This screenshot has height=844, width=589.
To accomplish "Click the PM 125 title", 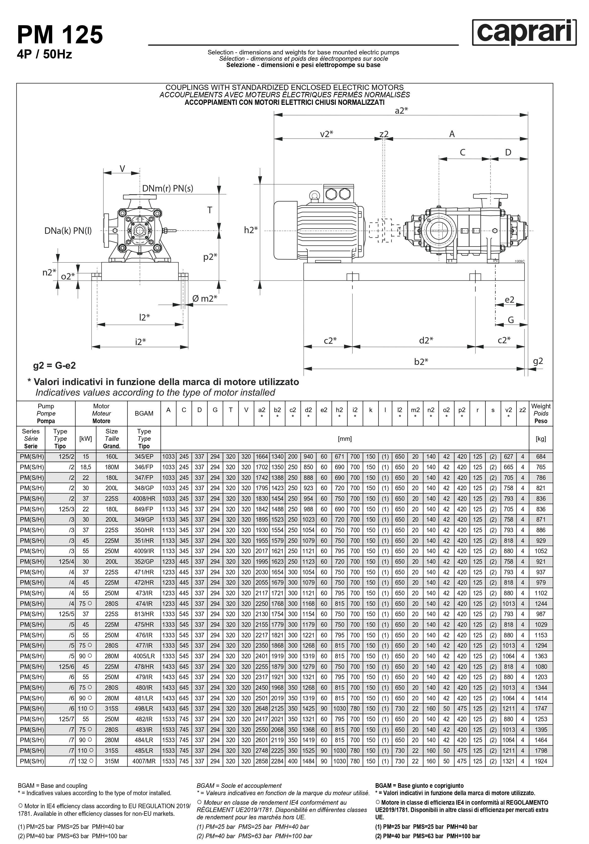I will tap(60, 35).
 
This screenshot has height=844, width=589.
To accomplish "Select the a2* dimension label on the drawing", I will tap(401, 111).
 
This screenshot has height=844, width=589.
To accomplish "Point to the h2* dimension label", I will tap(251, 230).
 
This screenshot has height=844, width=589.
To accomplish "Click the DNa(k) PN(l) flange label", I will tap(68, 231).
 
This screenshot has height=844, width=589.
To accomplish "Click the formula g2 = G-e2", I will tap(54, 365).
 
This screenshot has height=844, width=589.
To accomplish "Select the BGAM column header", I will tap(144, 413).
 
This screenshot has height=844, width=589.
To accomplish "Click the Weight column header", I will tap(540, 413).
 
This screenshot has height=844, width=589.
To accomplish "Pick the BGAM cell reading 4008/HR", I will tap(144, 498).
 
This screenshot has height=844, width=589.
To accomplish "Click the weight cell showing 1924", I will tap(540, 761).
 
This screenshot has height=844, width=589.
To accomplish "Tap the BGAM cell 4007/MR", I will tap(144, 761).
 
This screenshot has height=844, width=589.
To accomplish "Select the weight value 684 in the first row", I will tap(540, 457).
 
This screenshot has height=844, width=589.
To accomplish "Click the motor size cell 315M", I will tap(111, 761).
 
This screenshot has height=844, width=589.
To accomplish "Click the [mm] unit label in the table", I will tap(345, 439).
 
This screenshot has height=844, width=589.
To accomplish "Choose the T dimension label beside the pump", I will tap(210, 210).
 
